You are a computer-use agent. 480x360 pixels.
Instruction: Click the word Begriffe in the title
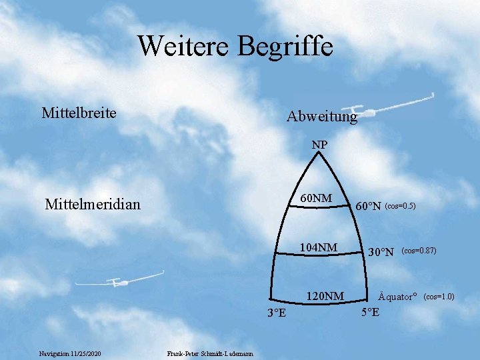coord(285,47)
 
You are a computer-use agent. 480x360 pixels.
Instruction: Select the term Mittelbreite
coord(79,113)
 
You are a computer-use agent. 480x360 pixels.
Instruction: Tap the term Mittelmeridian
coord(93,204)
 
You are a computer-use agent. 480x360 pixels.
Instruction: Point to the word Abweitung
coord(322,117)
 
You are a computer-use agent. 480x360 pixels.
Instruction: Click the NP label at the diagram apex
coord(319,145)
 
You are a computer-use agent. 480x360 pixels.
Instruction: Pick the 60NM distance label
coord(316,198)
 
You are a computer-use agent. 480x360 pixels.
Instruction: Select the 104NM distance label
coord(319,247)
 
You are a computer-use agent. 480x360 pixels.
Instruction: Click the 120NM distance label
coord(325,296)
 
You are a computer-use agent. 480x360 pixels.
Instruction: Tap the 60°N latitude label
coord(368,206)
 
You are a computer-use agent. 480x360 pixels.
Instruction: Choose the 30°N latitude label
coord(381,252)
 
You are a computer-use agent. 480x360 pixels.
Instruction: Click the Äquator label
coord(397,296)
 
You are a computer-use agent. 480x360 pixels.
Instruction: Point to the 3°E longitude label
coord(277,313)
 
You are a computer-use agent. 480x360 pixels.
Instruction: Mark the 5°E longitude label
coord(371,312)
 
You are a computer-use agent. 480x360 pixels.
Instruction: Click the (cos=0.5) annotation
coord(400,206)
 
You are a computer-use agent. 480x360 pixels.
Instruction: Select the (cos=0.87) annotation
coord(419,251)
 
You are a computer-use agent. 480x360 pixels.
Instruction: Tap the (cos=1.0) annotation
coord(439,296)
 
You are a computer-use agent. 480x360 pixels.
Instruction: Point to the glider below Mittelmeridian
coord(119,280)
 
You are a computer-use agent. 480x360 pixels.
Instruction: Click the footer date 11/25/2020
coord(85,354)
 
